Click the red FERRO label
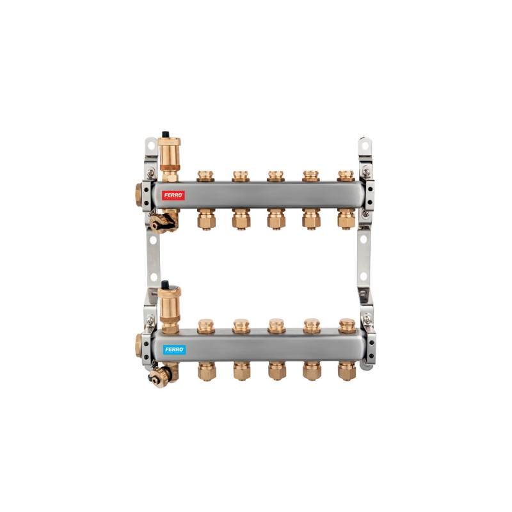click(x=173, y=195)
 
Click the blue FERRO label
click(x=174, y=349)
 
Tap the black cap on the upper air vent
click(x=166, y=134)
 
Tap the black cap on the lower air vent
click(x=165, y=284)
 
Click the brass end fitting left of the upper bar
click(x=138, y=195)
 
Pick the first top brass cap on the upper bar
click(x=205, y=175)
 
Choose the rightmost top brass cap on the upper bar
click(x=346, y=175)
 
